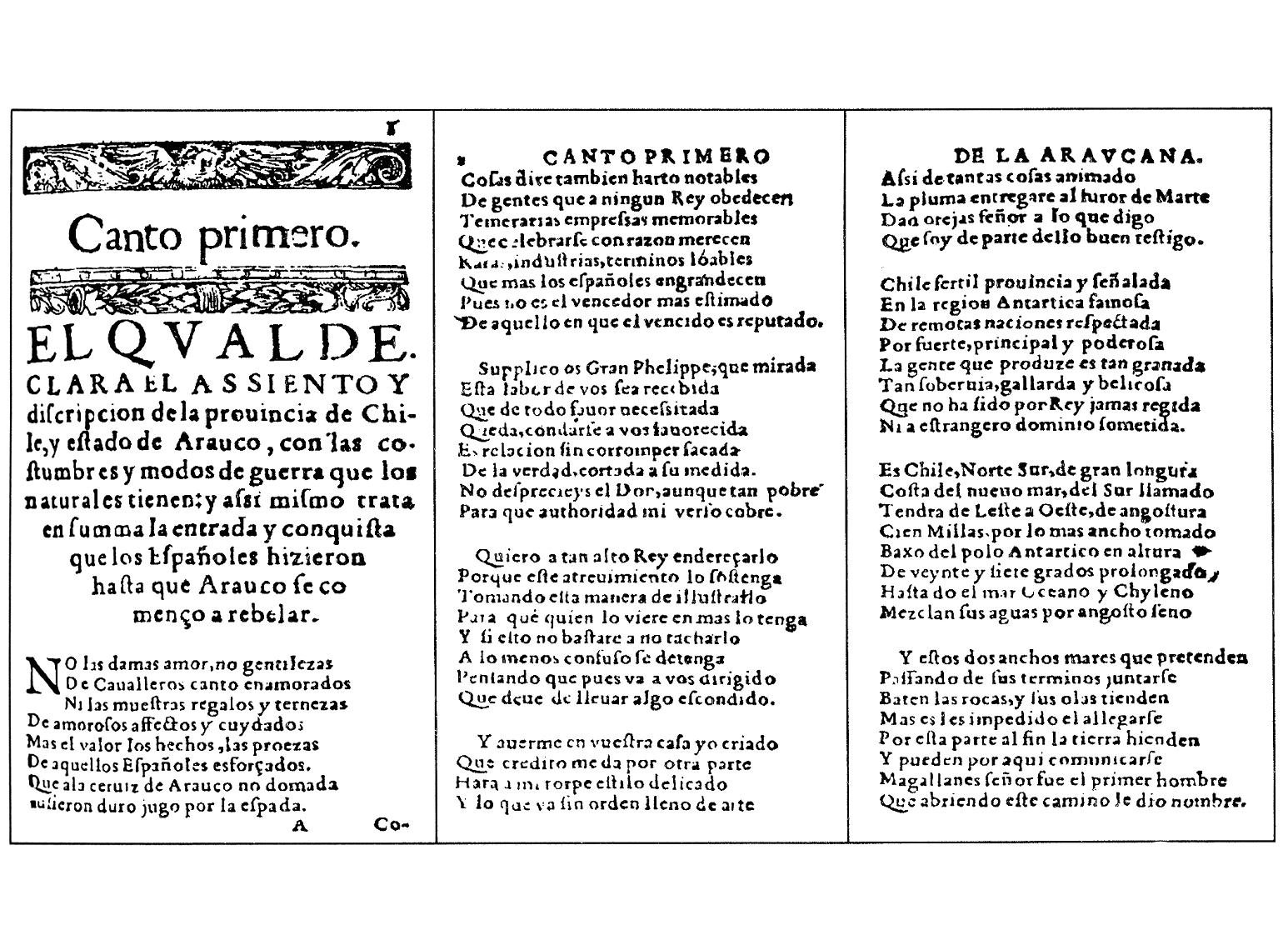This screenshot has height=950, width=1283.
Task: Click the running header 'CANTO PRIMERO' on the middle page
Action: point(656,156)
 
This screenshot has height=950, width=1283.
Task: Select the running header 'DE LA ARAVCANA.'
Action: point(1079,155)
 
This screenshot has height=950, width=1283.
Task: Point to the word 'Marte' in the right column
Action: point(1183,197)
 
